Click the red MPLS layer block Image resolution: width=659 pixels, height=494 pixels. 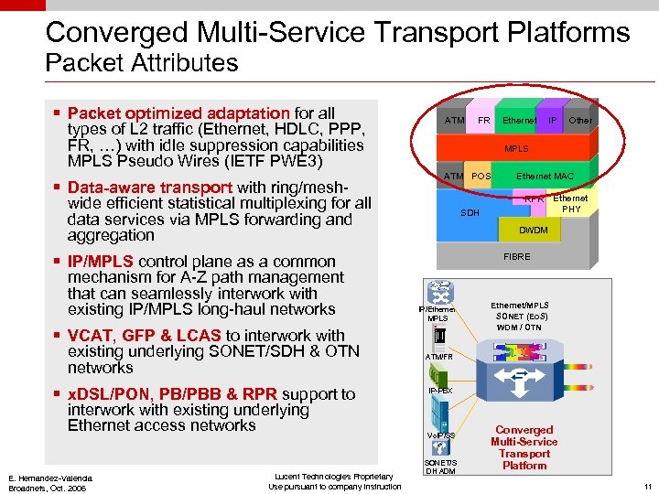(516, 148)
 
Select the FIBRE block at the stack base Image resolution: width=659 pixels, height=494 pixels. (516, 258)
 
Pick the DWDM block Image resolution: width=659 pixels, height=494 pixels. (533, 231)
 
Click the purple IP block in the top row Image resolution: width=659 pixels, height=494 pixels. (552, 119)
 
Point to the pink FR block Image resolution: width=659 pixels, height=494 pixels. (483, 119)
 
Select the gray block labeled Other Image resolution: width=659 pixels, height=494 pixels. (580, 119)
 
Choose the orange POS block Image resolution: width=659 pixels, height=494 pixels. (481, 176)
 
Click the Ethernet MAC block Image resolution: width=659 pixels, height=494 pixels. (546, 176)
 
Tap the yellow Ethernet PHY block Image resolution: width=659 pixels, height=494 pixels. (570, 203)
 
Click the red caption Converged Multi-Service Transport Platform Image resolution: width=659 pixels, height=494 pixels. (524, 447)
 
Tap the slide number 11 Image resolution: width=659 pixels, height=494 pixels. (647, 487)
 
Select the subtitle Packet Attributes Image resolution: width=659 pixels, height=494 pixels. (142, 63)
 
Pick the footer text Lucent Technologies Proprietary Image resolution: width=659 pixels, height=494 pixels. (334, 476)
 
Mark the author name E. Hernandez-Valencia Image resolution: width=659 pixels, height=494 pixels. (50, 477)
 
